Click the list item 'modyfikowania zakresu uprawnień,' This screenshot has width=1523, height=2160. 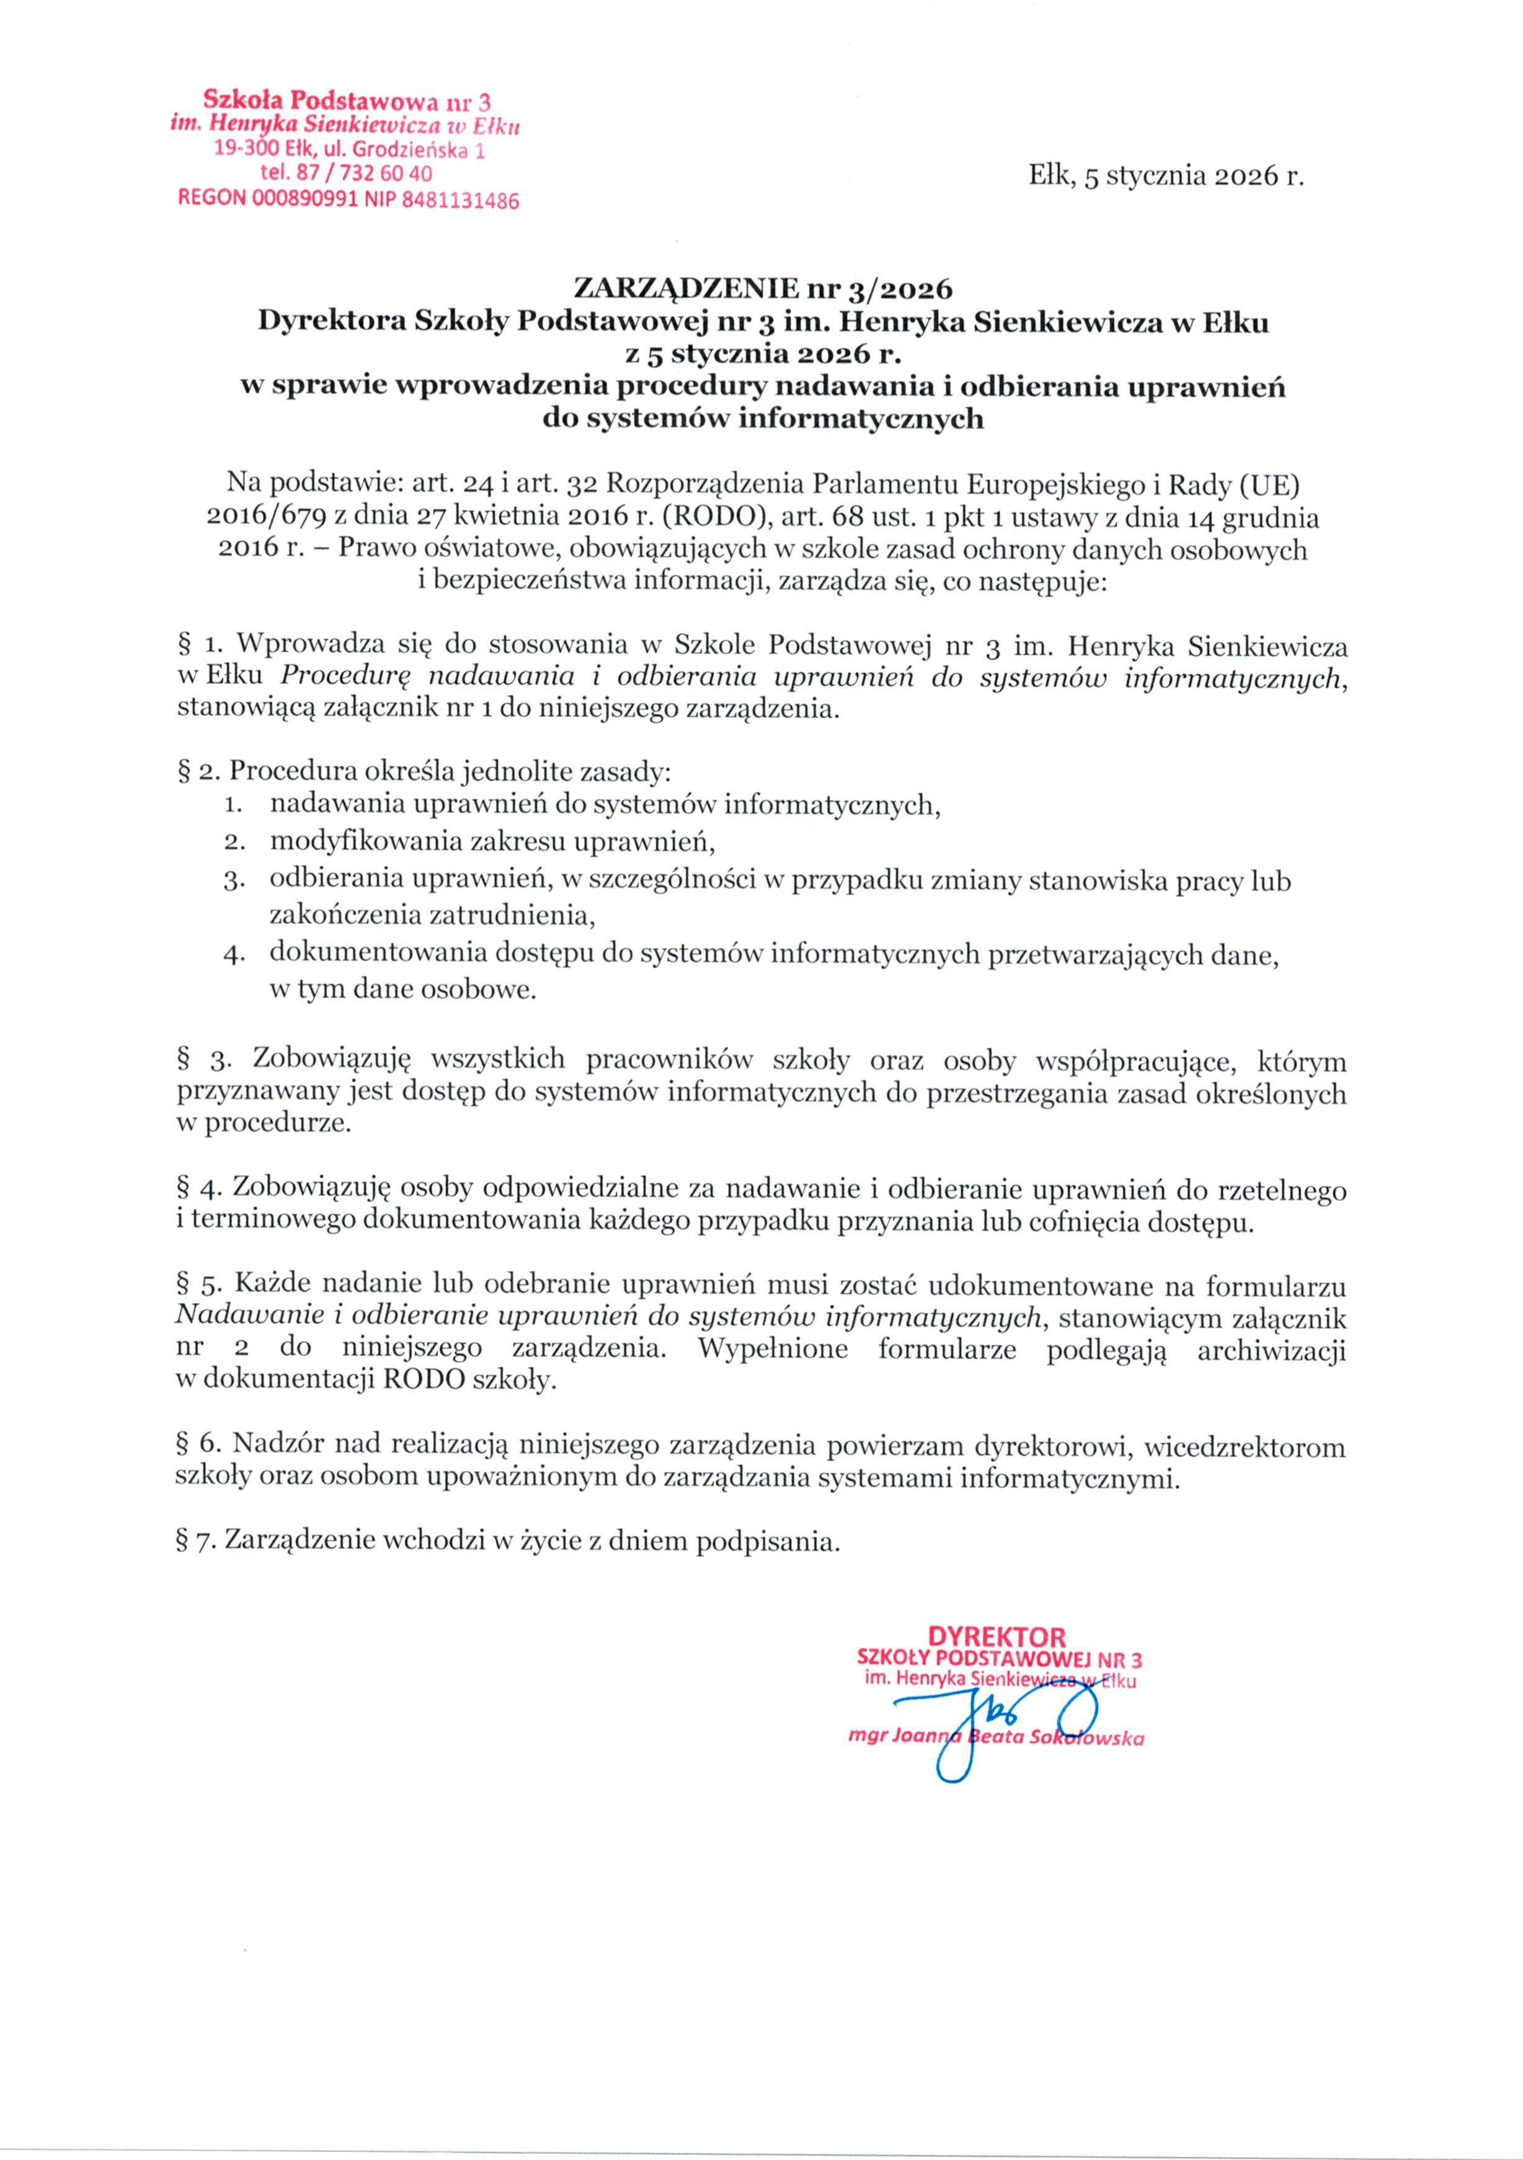coord(493,841)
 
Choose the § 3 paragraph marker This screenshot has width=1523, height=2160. coord(204,1060)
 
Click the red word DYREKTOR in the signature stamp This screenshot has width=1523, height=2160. coord(996,1636)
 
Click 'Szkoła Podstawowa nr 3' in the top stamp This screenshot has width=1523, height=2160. coord(348,100)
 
